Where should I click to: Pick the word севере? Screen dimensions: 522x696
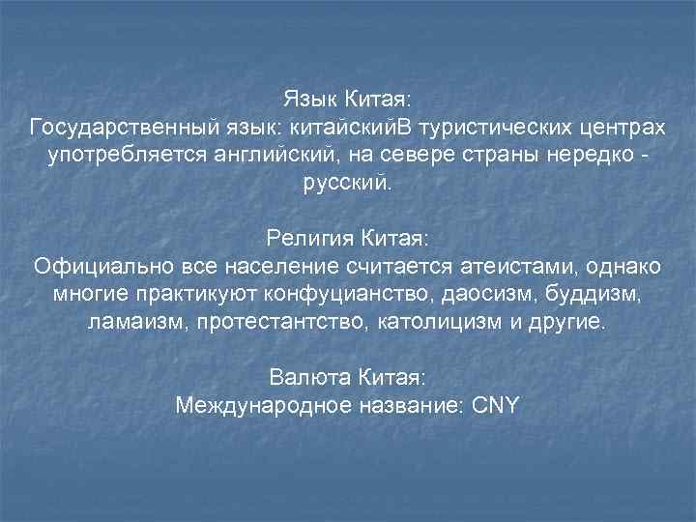click(453, 156)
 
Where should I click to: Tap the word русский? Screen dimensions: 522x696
click(347, 184)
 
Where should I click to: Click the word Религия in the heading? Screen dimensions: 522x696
click(309, 238)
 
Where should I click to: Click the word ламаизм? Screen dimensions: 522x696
click(134, 321)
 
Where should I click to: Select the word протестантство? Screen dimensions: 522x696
click(277, 321)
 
